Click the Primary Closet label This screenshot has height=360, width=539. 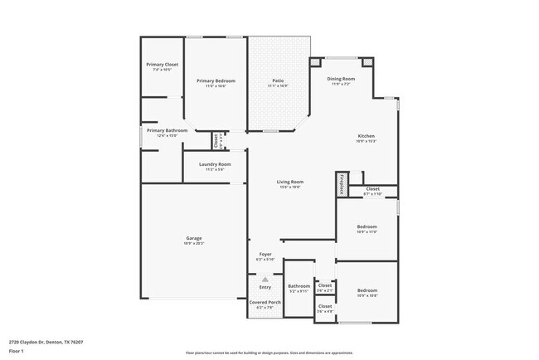[162, 65]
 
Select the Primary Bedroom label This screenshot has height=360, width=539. [216, 80]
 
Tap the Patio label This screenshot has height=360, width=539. [278, 80]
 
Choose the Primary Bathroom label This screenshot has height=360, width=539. [167, 130]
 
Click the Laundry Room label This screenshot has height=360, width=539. [215, 164]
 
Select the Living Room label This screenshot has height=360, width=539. [289, 182]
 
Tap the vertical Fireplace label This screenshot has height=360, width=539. [341, 184]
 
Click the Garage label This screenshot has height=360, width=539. [194, 238]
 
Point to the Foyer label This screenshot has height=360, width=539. [265, 255]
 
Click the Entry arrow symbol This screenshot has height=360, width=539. [265, 280]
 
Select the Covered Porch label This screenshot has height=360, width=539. [265, 303]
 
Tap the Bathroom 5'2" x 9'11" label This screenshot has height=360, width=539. [299, 286]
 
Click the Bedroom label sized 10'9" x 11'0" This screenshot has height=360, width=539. [367, 226]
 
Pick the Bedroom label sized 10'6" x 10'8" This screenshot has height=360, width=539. [367, 290]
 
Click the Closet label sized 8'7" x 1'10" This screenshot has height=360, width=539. [372, 189]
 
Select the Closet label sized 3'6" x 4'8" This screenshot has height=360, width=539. [325, 307]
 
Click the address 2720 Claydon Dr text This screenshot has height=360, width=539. [46, 341]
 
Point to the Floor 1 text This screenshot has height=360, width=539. [17, 351]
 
